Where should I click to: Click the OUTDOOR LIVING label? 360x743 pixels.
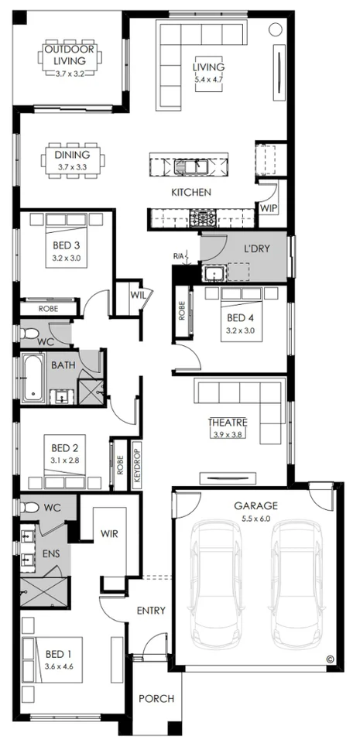70,55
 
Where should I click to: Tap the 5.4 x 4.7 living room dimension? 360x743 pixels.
208,80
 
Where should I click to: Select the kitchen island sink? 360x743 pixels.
191,166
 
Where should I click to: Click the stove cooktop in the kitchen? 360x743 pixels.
203,218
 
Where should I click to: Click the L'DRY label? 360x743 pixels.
257,248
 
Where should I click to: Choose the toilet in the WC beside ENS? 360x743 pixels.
29,508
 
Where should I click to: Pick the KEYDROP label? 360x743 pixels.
137,465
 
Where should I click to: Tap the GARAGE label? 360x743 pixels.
255,505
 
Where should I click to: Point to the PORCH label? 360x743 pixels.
156,698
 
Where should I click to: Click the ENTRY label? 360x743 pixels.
151,611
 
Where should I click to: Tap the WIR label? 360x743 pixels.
109,534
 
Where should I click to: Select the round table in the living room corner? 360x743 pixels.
275,29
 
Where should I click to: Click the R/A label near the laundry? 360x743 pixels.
179,256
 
